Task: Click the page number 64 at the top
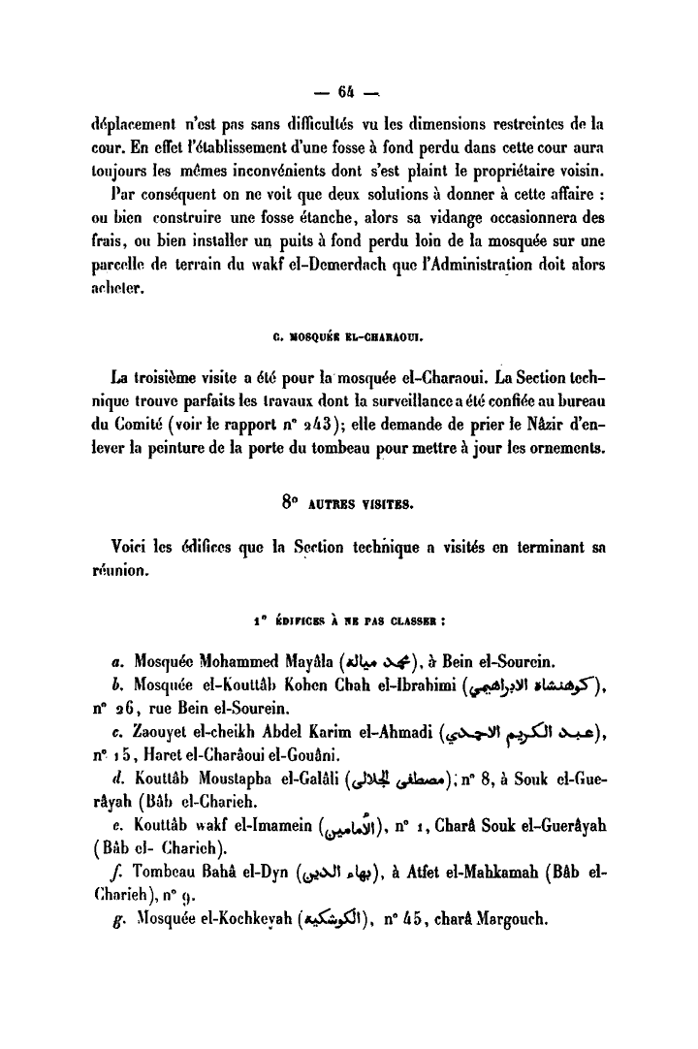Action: click(349, 92)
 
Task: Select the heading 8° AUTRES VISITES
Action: click(348, 503)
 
